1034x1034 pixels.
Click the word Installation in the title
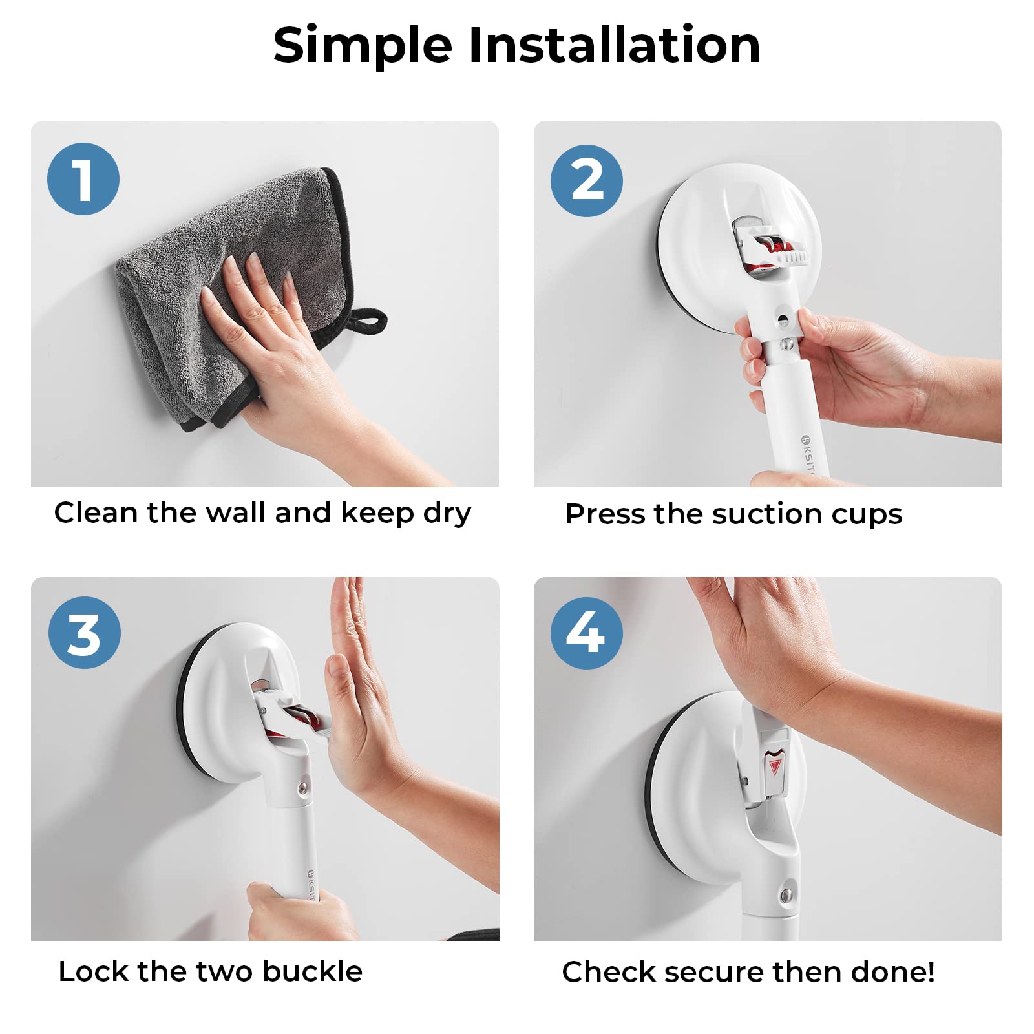click(x=614, y=45)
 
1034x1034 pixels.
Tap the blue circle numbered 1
click(x=83, y=179)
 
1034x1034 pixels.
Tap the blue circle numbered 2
click(x=586, y=180)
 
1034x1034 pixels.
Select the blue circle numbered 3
click(x=84, y=633)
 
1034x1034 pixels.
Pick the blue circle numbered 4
click(x=586, y=633)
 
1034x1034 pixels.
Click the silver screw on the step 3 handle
click(x=302, y=788)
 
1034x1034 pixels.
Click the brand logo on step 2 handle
click(x=806, y=439)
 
